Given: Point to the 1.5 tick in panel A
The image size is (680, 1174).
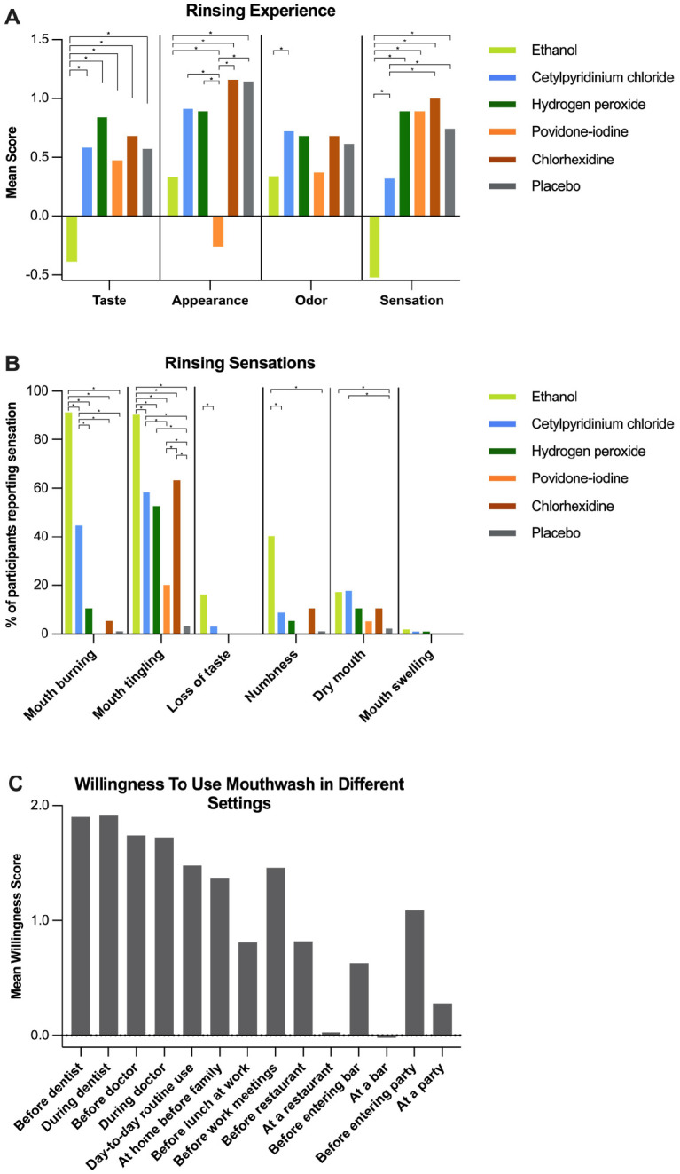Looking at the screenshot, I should point(39,40).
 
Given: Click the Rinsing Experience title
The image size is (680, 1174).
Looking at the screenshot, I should point(260,12).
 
